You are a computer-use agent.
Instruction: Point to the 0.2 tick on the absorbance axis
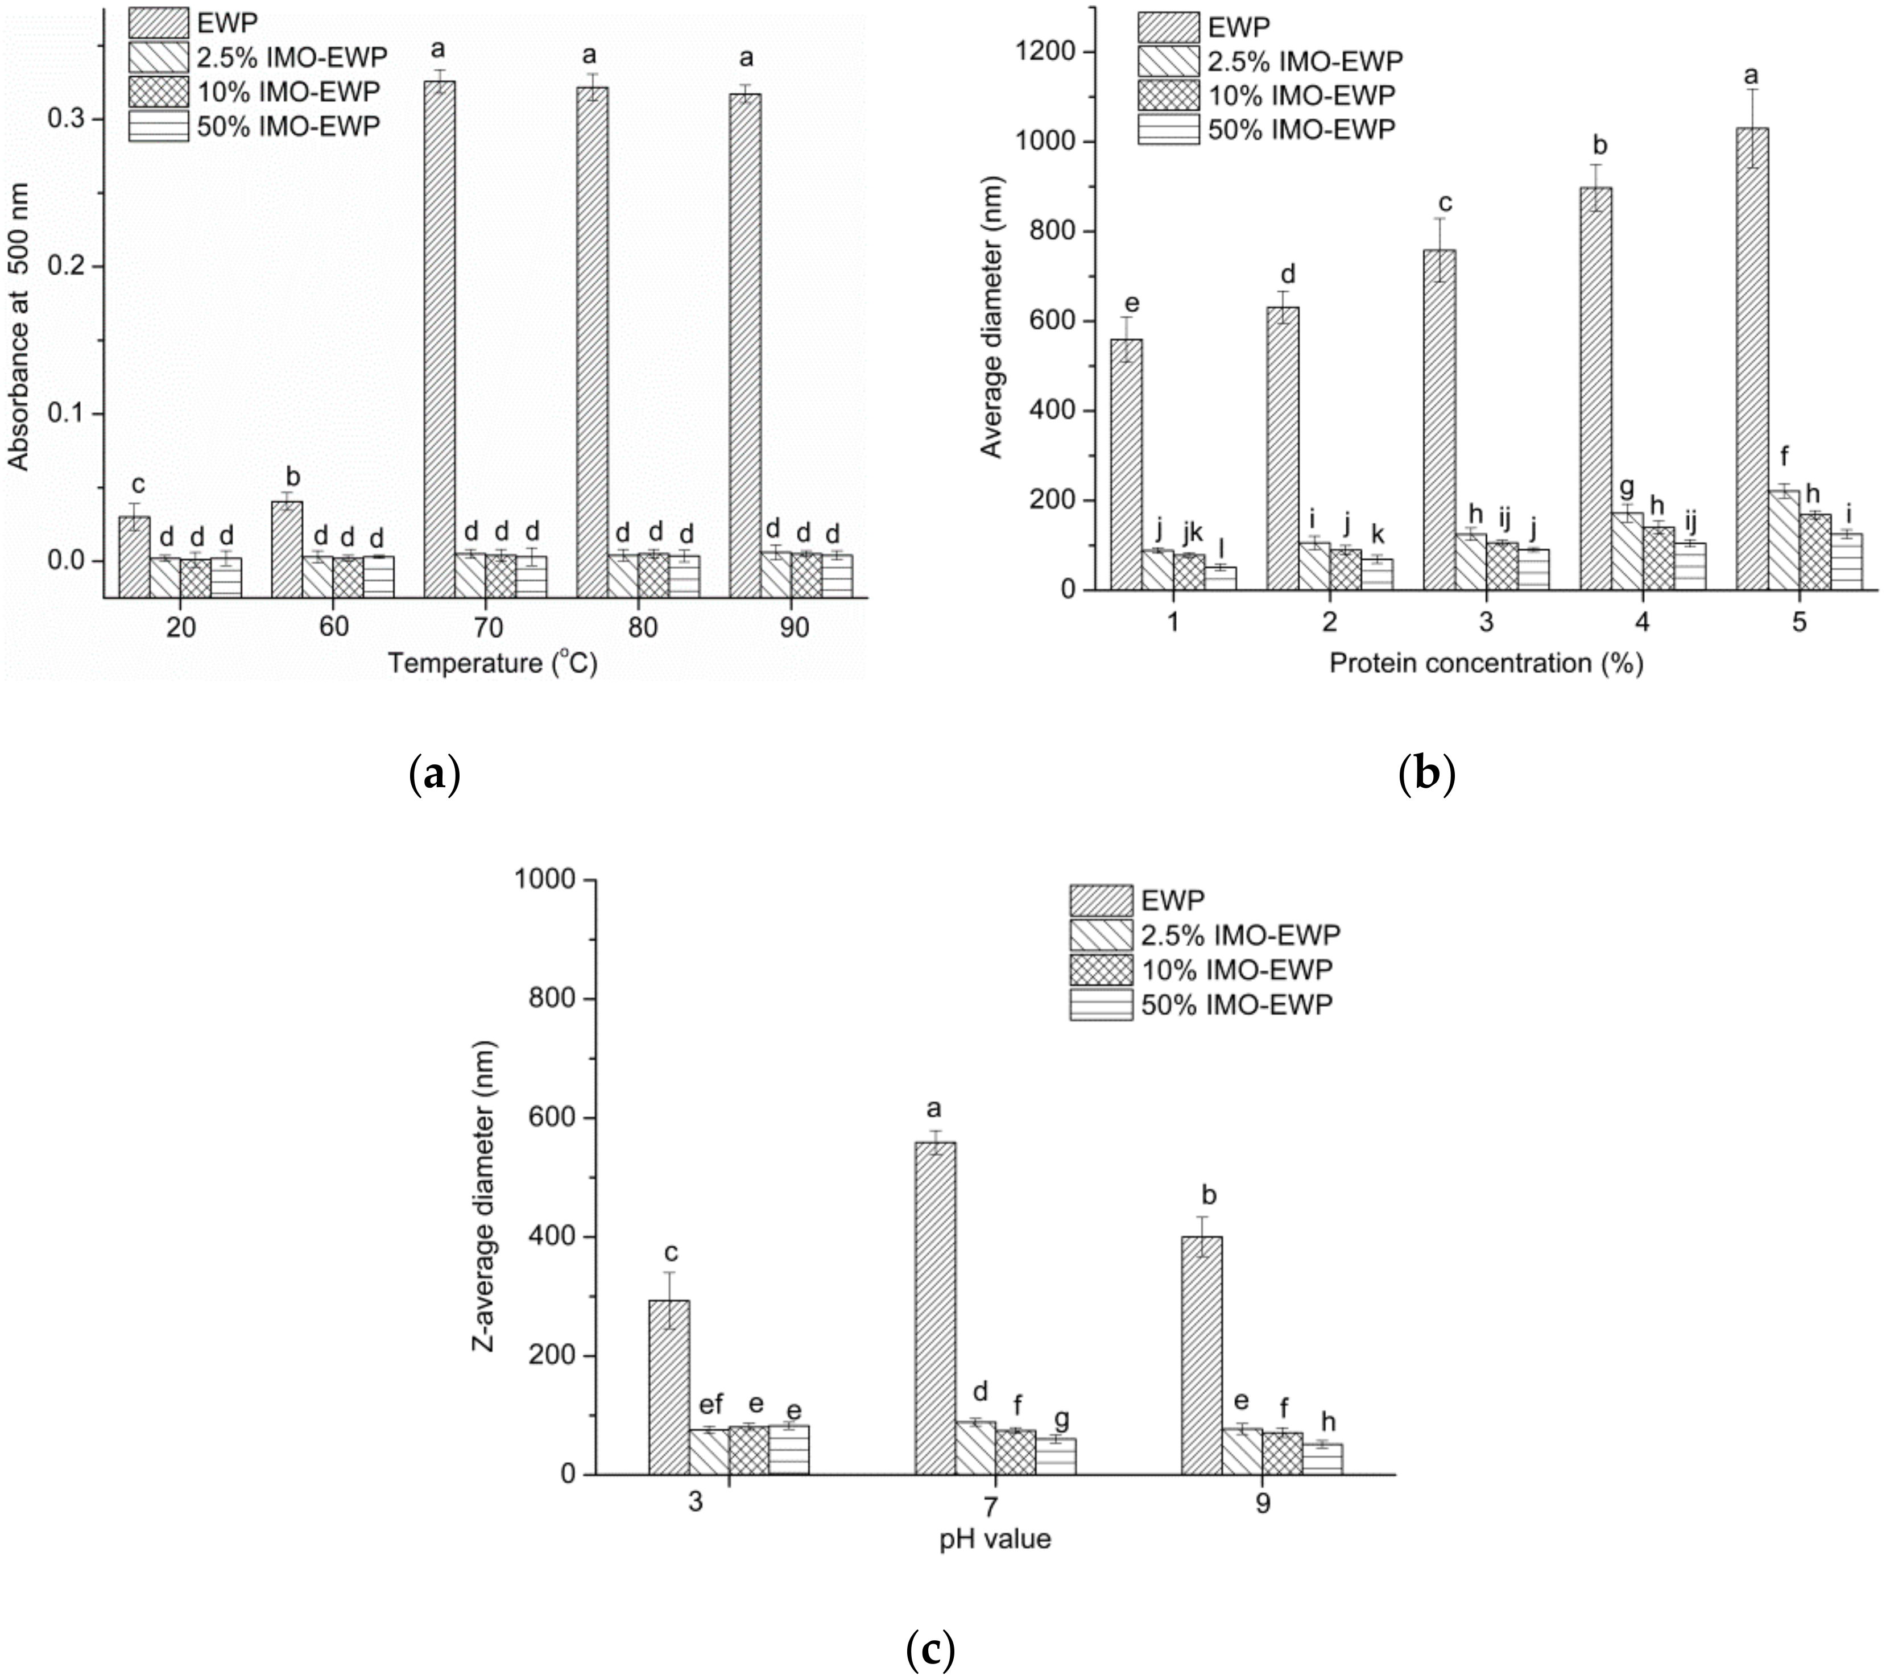point(78,266)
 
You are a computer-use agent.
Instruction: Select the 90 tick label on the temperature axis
point(794,628)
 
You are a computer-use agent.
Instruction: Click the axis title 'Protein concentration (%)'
point(1486,663)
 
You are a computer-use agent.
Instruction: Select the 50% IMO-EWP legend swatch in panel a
point(158,126)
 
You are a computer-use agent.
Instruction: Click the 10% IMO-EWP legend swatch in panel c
point(1101,969)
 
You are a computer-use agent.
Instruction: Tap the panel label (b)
point(1426,773)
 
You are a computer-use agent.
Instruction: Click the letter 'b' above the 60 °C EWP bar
point(293,477)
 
